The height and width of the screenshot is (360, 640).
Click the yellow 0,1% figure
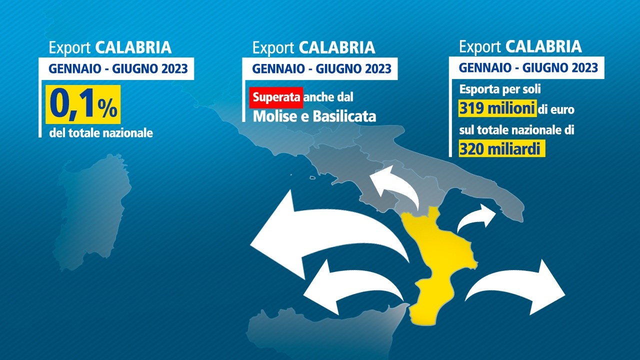[83, 104]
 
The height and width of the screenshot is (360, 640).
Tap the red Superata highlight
[276, 97]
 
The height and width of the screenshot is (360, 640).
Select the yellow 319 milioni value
[497, 108]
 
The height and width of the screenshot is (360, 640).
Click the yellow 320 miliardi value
[501, 148]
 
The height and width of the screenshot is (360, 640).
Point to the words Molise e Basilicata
[314, 116]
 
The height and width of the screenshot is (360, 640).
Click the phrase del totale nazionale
[101, 133]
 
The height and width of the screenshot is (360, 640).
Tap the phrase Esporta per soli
[500, 89]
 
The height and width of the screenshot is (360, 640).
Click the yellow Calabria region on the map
[437, 265]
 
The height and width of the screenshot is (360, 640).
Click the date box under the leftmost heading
[116, 68]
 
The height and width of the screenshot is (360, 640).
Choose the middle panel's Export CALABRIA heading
[313, 47]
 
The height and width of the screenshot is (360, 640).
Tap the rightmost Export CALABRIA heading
[520, 46]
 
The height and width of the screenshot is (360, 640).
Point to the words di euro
[556, 109]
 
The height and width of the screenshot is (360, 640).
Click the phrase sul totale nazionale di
[516, 130]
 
